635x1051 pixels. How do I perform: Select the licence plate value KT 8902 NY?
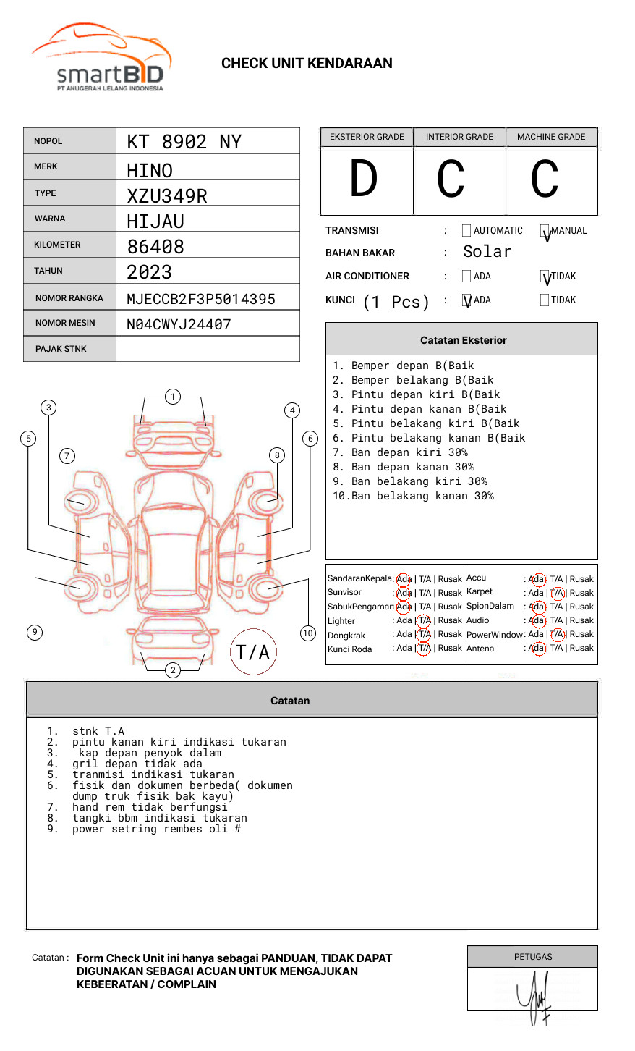(x=184, y=142)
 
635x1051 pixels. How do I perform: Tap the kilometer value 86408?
(x=155, y=247)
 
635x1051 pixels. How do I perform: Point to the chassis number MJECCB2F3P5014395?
(x=200, y=299)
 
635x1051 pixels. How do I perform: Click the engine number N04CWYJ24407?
(x=179, y=324)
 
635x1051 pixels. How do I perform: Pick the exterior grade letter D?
(x=364, y=180)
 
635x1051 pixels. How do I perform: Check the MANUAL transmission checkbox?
(x=545, y=232)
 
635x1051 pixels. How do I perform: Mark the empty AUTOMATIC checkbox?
(x=466, y=231)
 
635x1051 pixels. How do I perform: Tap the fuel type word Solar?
(x=487, y=252)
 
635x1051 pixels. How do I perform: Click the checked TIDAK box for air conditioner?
(x=545, y=277)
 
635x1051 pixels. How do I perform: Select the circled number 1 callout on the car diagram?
(x=172, y=397)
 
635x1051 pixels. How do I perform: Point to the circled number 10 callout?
(x=308, y=633)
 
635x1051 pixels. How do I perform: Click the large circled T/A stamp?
(x=253, y=652)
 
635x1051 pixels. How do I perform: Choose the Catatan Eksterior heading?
(x=463, y=340)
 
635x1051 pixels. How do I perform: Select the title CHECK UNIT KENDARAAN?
(x=307, y=64)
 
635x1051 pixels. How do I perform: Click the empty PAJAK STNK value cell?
(x=208, y=349)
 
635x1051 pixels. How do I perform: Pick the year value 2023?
(x=150, y=273)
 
